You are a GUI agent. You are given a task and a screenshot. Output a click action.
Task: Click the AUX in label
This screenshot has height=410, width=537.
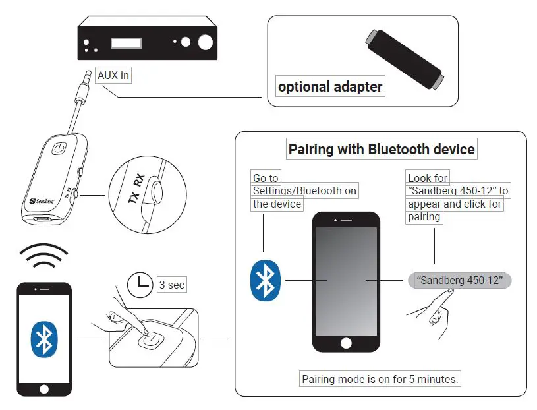pos(113,76)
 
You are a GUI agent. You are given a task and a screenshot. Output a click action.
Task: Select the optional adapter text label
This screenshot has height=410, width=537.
pos(329,86)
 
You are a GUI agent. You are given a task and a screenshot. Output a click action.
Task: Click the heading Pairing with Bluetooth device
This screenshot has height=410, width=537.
pos(381,149)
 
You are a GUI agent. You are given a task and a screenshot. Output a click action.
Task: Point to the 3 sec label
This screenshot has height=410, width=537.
pos(171,285)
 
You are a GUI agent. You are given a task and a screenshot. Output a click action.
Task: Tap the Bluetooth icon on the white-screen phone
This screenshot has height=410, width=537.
pos(43,339)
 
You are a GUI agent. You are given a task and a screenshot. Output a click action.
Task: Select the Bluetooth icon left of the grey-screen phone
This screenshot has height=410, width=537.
pos(266,280)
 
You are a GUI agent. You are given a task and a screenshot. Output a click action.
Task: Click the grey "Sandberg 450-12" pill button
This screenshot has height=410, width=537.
pos(460,280)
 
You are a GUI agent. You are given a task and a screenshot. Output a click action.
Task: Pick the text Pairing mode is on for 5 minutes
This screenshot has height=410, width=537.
pos(380,379)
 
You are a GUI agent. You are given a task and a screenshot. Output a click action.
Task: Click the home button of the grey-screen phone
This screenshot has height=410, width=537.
pos(345,343)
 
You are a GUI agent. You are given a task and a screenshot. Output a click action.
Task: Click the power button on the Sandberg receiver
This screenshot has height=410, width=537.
pos(59,149)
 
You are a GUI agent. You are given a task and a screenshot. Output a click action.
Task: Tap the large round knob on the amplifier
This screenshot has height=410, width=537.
pos(206,43)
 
